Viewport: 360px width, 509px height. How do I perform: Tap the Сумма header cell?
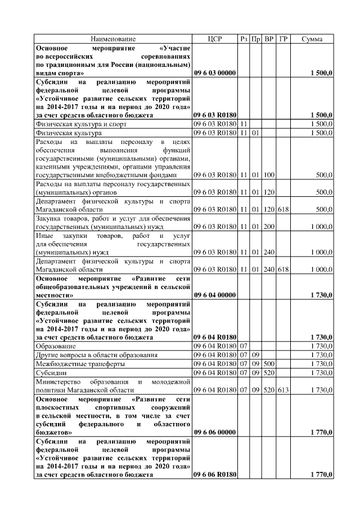[x=312, y=39]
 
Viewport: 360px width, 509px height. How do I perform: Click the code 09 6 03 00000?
[x=215, y=73]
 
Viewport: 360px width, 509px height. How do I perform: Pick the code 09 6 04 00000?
[x=215, y=295]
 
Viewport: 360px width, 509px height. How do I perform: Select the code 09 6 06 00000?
[x=215, y=433]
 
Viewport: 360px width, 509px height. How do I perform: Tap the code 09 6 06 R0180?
[x=215, y=475]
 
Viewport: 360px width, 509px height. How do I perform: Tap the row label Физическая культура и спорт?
[x=81, y=124]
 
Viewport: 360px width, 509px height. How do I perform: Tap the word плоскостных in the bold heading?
[x=56, y=407]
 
